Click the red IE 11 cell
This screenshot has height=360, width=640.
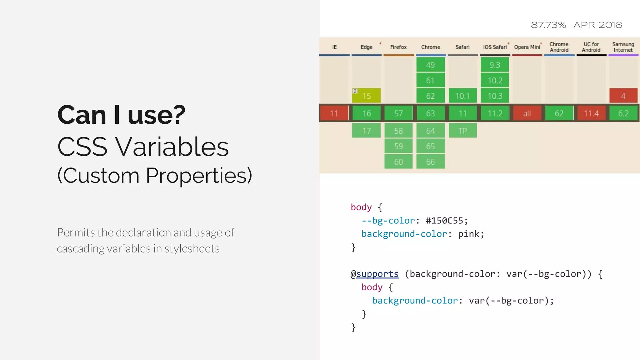pos(334,113)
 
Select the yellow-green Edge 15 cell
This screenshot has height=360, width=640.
pos(367,96)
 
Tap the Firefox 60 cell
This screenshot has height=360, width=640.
pos(398,162)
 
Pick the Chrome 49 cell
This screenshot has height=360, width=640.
pos(430,65)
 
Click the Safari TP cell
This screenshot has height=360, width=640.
pos(462,131)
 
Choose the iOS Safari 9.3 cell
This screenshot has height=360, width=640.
pos(495,65)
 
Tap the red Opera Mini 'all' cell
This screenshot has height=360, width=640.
pos(527,113)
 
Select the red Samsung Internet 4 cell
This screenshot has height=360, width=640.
pos(623,96)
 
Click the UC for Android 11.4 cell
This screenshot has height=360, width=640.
pos(591,113)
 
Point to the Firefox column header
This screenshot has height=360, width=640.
pos(398,47)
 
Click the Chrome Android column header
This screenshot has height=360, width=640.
pos(559,47)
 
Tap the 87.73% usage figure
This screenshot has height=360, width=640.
pos(548,25)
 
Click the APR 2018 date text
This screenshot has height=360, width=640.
pos(598,25)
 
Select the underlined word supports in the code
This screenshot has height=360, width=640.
pos(377,274)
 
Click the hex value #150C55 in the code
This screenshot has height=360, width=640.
pos(444,221)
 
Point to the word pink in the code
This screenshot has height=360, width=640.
pos(469,234)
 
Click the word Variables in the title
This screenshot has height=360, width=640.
pos(172,147)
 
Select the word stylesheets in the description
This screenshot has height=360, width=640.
pos(192,249)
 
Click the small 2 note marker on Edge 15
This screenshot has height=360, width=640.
pos(355,91)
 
